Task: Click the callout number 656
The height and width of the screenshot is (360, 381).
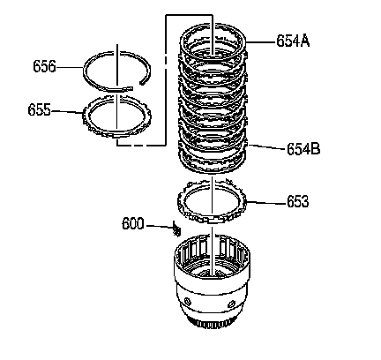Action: tap(44, 66)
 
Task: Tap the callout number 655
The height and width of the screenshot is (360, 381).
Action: tap(39, 110)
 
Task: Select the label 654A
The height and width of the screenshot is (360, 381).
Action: tap(293, 41)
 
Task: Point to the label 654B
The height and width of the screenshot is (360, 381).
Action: tap(303, 149)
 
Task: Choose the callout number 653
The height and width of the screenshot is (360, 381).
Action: tap(298, 202)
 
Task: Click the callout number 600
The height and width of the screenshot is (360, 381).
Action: tap(133, 224)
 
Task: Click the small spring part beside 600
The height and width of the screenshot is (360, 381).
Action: tap(176, 229)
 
